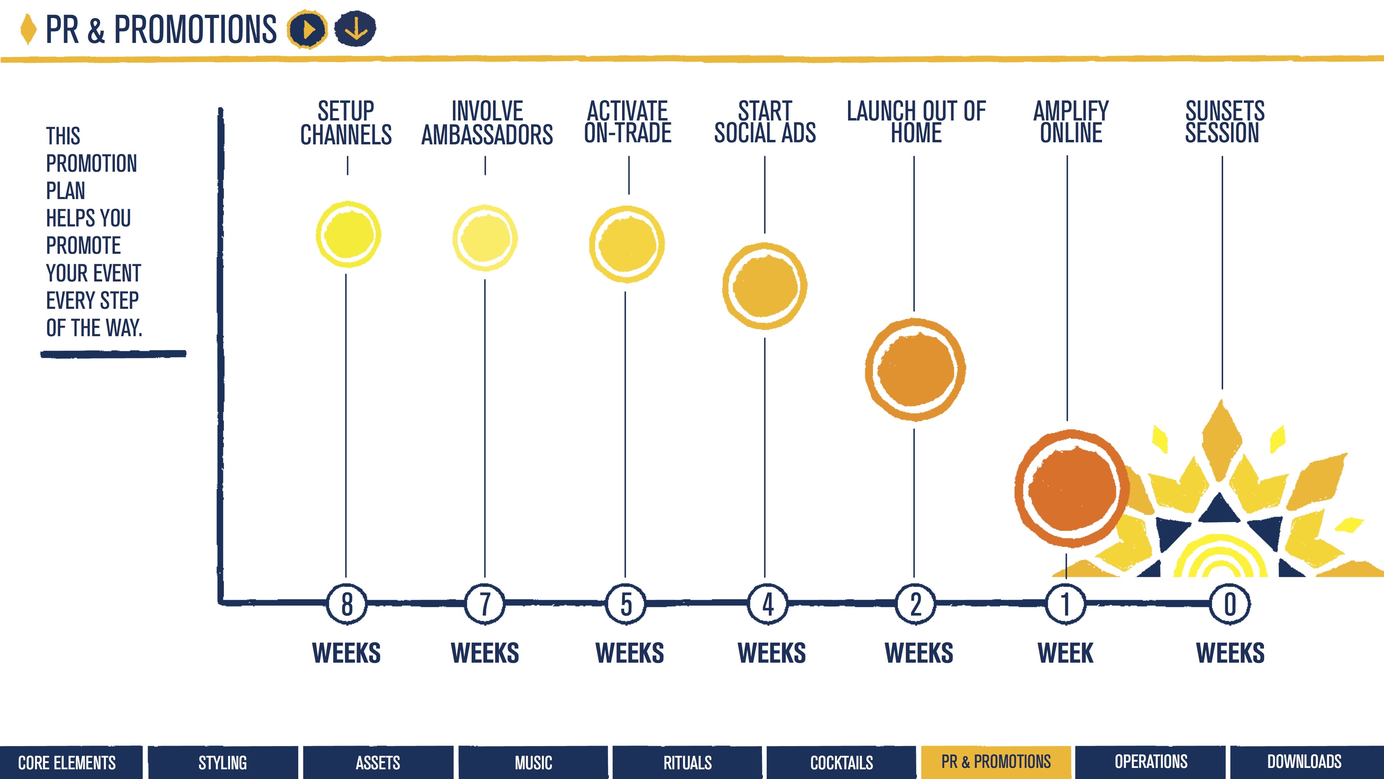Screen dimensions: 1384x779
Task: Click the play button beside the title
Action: tap(307, 29)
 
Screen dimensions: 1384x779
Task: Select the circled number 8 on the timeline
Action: tap(347, 604)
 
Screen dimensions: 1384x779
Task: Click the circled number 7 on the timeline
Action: tap(485, 604)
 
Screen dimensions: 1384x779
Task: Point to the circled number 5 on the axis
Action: tap(626, 604)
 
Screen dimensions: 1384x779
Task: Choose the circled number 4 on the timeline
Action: tap(768, 604)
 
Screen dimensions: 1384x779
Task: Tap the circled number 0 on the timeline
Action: tap(1230, 604)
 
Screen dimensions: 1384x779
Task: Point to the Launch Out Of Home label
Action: tap(916, 122)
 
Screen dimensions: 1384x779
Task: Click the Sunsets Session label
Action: tap(1224, 122)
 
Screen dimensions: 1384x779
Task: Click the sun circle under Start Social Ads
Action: tap(765, 286)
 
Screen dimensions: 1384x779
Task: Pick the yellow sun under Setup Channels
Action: tap(348, 234)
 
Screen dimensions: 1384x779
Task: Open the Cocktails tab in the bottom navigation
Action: tap(841, 762)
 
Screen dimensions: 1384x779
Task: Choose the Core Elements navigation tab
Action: tap(67, 762)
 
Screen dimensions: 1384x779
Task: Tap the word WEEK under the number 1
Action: tap(1065, 653)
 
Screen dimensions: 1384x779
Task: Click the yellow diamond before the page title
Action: tap(28, 29)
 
